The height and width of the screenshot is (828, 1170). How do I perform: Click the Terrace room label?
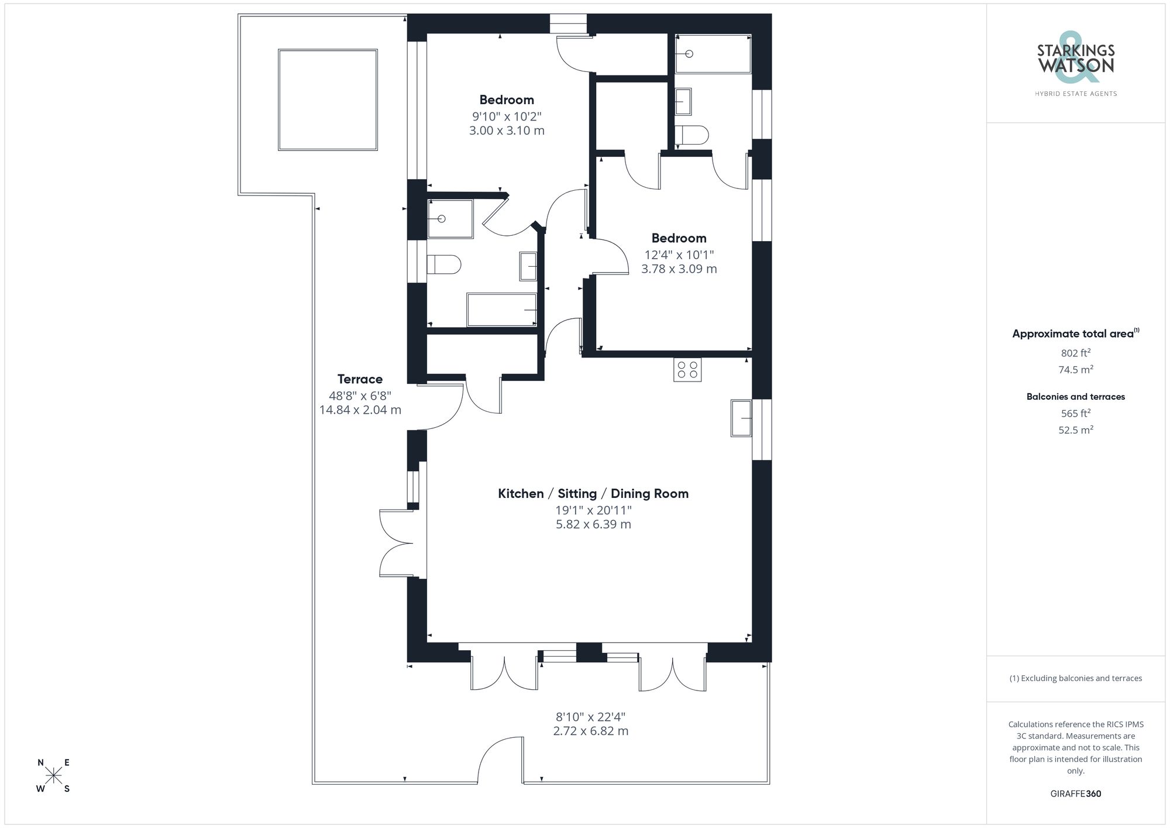(x=360, y=379)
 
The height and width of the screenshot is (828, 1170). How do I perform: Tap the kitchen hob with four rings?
(x=687, y=369)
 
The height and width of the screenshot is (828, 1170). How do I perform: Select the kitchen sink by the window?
(x=741, y=418)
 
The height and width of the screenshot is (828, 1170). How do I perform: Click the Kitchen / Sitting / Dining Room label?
(x=593, y=493)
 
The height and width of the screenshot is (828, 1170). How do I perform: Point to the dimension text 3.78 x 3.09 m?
(x=679, y=269)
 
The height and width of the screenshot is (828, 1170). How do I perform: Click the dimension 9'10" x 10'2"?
(x=507, y=116)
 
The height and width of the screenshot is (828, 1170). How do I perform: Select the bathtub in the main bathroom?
(x=501, y=310)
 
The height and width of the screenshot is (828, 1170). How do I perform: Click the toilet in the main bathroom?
(x=444, y=264)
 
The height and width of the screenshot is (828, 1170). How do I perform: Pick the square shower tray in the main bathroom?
(x=450, y=219)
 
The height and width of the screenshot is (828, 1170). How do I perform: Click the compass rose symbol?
(x=54, y=775)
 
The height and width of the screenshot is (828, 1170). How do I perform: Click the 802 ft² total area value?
(x=1075, y=353)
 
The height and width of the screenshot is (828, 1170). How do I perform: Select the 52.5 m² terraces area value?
(x=1075, y=430)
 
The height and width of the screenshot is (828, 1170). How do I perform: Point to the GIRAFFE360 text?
(x=1075, y=793)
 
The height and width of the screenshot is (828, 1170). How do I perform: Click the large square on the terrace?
(x=328, y=99)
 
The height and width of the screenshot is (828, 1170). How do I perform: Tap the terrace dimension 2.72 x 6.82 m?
(x=590, y=731)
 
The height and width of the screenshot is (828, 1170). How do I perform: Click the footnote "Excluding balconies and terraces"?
(x=1075, y=678)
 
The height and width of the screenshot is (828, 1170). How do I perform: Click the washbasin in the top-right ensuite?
(x=683, y=102)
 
